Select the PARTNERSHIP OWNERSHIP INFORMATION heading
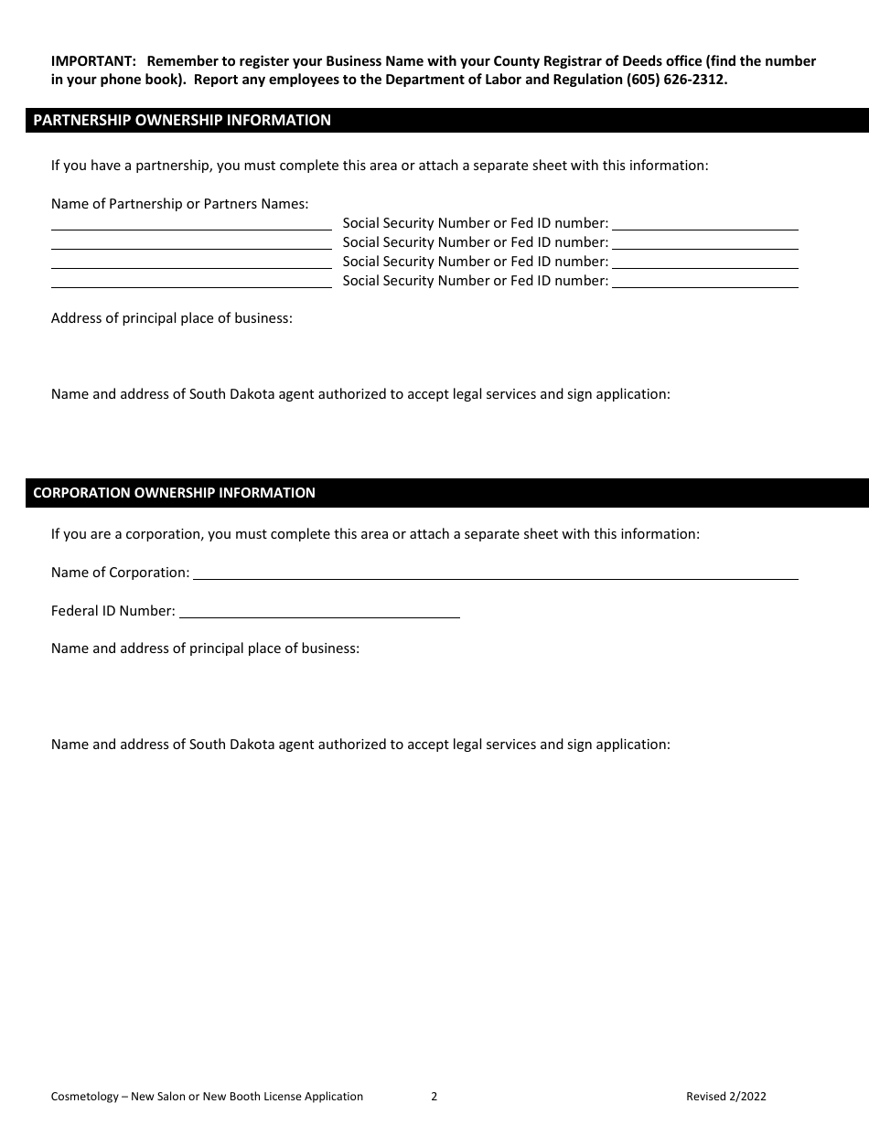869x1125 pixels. tap(182, 120)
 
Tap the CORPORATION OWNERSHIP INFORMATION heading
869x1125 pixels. tap(174, 493)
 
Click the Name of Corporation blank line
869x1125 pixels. tap(495, 573)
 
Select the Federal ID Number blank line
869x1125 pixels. tap(319, 611)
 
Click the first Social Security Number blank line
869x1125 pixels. tap(704, 223)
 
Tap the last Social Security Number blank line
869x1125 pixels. tap(704, 281)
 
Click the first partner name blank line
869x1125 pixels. tap(191, 223)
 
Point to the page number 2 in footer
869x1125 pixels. tap(434, 1097)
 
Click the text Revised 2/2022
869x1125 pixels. tap(726, 1097)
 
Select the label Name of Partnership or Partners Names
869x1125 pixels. tap(179, 204)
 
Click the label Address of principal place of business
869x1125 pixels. tap(172, 319)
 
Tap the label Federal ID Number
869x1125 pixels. tap(113, 611)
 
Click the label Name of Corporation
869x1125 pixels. tap(120, 573)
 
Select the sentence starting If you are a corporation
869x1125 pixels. tap(375, 534)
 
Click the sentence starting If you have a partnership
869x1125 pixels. tap(380, 166)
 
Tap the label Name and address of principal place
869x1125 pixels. tap(205, 648)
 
